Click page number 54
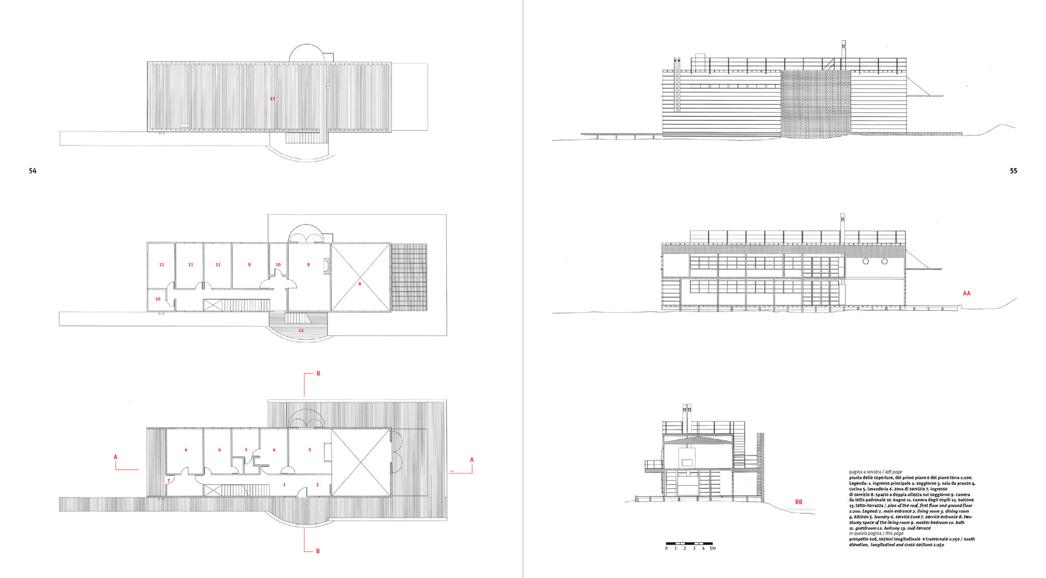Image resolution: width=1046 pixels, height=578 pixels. tap(33, 171)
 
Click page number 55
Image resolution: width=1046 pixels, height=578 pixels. tap(1013, 171)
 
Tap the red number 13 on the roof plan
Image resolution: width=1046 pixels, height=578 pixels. tap(272, 99)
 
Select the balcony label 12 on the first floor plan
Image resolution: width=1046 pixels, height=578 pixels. tap(301, 330)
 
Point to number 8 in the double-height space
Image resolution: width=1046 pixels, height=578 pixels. tap(360, 284)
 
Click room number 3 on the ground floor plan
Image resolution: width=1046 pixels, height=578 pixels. tap(309, 450)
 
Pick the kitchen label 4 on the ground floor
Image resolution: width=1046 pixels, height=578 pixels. tap(274, 450)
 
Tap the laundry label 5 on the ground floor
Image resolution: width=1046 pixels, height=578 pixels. tap(246, 450)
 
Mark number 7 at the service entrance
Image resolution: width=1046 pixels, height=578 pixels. tap(169, 481)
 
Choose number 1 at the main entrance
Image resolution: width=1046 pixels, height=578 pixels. tap(284, 484)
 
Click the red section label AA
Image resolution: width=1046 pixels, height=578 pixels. tap(966, 293)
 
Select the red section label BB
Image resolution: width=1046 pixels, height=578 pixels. tap(799, 502)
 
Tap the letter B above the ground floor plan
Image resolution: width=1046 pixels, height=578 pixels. tap(319, 373)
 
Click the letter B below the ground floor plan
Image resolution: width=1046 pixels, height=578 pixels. tap(318, 551)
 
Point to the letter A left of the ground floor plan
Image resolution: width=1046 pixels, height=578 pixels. tap(115, 457)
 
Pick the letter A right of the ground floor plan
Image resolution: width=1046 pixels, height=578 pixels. tap(472, 460)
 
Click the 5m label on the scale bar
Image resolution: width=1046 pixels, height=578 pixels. tap(713, 548)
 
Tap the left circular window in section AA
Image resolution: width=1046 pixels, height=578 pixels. tap(866, 262)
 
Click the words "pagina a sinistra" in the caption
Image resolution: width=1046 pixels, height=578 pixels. tap(865, 472)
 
